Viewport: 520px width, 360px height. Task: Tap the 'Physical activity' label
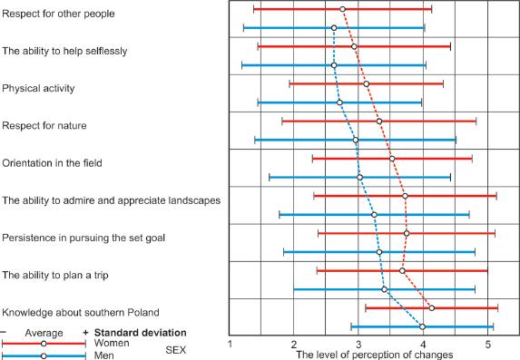tap(39, 88)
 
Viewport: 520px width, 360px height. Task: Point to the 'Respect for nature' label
tap(44, 125)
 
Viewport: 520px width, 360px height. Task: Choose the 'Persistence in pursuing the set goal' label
tap(96, 237)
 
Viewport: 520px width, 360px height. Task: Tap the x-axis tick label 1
tap(230, 345)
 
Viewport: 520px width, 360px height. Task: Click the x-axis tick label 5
tap(488, 345)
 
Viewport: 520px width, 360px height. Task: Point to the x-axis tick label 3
tap(358, 345)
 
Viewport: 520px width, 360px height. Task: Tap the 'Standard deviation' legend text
tap(140, 332)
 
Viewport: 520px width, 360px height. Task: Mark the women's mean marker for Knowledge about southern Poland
tap(431, 308)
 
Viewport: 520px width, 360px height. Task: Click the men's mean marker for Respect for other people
tap(334, 28)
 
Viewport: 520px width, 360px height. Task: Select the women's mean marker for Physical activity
tap(366, 84)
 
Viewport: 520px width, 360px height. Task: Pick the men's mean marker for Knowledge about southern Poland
tap(422, 326)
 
